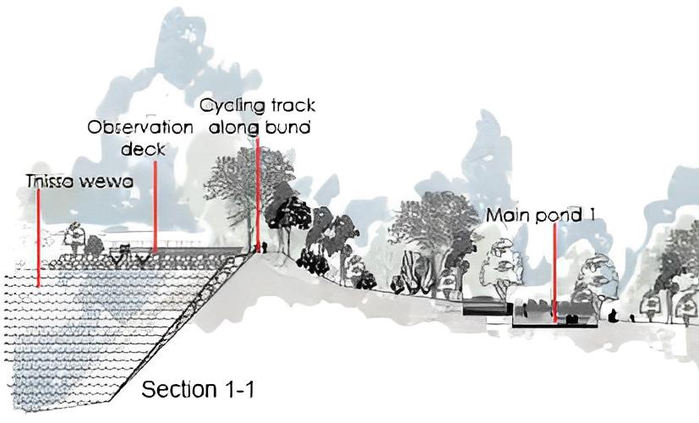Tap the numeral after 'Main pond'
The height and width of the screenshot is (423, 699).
coord(593,215)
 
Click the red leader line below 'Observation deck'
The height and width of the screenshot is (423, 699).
coord(156,207)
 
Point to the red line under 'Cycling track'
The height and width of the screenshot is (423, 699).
coord(257,195)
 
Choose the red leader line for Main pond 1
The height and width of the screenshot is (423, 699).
coord(554,271)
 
